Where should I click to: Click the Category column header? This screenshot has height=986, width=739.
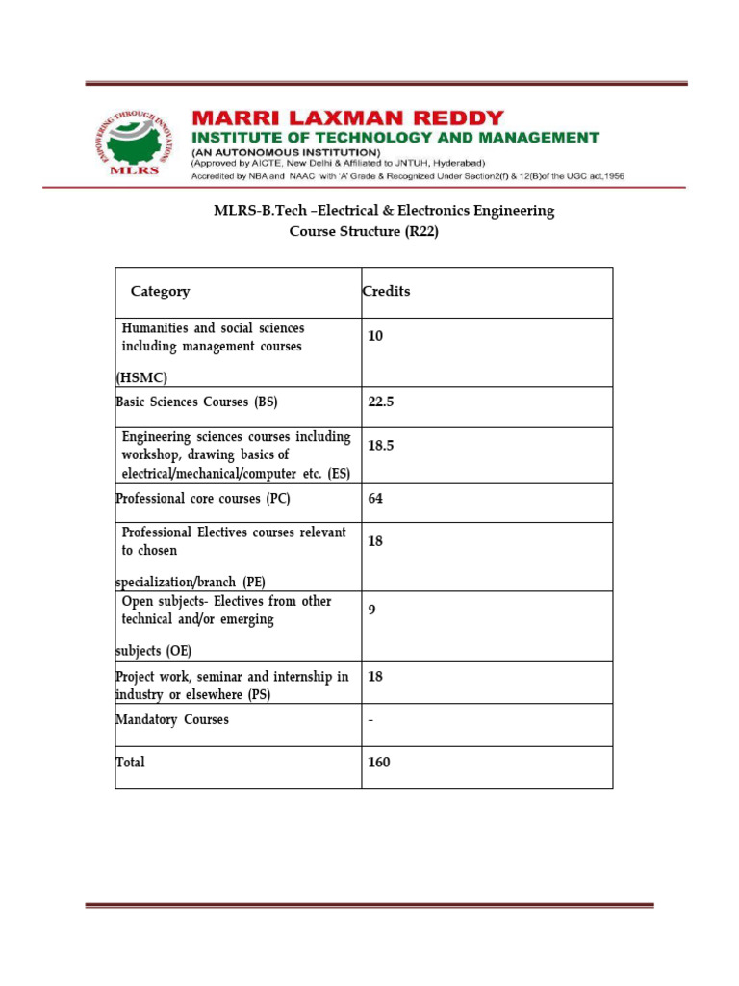click(160, 292)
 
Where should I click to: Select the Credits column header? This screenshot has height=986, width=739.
click(386, 292)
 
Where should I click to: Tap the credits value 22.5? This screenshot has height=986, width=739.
click(381, 402)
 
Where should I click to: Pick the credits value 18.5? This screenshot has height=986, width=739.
click(381, 446)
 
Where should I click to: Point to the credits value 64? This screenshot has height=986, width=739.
click(375, 499)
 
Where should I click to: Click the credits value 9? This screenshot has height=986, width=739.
click(371, 610)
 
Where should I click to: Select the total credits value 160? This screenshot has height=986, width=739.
click(379, 763)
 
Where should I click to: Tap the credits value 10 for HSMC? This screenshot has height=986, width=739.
click(375, 336)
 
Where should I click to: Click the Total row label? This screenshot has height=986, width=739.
click(131, 763)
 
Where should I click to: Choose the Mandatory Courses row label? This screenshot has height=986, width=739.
click(172, 720)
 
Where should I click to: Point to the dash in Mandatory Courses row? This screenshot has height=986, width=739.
click(370, 720)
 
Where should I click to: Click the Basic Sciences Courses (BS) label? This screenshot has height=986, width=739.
click(196, 402)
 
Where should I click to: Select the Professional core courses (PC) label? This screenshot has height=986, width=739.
click(202, 499)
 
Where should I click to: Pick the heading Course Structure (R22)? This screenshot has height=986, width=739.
click(364, 232)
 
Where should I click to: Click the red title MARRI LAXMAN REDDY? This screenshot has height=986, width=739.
click(347, 118)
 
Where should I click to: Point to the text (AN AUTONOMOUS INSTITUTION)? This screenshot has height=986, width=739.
click(286, 152)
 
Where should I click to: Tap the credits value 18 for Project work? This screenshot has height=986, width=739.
click(375, 677)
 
